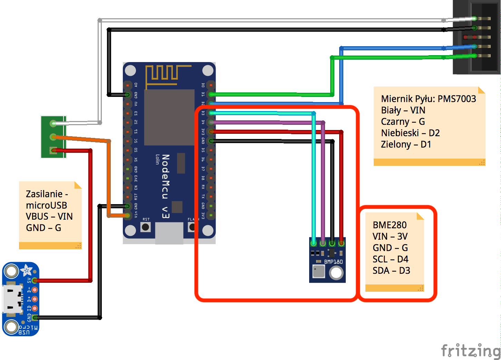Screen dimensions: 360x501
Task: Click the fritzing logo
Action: tap(471, 351)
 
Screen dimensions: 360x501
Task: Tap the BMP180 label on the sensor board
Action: tap(333, 262)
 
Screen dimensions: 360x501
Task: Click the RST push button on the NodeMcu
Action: tap(146, 227)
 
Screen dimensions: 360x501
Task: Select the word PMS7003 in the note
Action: tap(457, 99)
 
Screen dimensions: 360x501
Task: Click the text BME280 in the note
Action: tap(390, 225)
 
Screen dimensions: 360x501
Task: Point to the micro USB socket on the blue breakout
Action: tap(11, 299)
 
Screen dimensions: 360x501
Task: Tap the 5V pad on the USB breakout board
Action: tap(35, 280)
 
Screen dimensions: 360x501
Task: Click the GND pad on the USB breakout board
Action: tap(35, 317)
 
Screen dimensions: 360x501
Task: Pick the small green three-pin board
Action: tap(53, 137)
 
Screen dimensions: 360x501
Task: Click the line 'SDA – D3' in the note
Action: tap(391, 271)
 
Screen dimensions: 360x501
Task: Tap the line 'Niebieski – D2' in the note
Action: tap(410, 133)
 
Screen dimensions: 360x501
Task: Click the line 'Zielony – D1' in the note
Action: tap(406, 144)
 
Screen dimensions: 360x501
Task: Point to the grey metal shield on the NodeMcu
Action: tap(169, 117)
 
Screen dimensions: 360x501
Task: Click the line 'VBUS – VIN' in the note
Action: tap(49, 217)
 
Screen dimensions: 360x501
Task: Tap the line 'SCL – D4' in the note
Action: tap(390, 259)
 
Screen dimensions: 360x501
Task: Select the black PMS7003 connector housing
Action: tap(476, 37)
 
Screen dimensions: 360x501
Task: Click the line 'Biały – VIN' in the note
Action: tap(403, 110)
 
